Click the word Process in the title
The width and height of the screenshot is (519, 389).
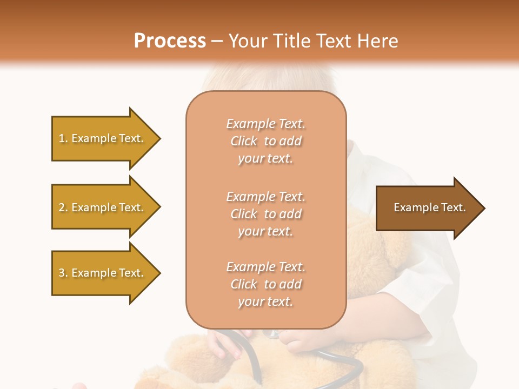pos(170,41)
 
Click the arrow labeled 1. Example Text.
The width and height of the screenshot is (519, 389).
pos(103,138)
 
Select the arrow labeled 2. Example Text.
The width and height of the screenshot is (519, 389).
pos(103,207)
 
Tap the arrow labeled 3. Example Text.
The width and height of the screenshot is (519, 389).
pos(103,273)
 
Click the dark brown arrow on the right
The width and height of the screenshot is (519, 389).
pos(427,207)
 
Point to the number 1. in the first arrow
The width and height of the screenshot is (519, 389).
pos(63,138)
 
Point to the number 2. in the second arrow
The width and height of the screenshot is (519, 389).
pos(63,207)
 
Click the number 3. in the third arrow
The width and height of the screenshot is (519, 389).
pos(63,273)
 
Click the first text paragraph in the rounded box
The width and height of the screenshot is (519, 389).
pos(265,141)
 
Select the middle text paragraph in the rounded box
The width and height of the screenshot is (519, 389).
pos(265,214)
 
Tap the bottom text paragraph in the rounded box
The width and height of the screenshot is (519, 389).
pos(265,284)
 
